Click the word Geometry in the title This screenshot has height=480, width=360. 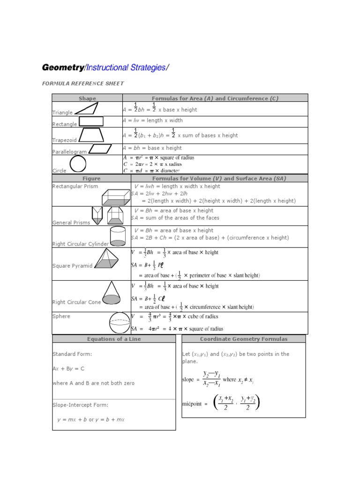(x=62, y=67)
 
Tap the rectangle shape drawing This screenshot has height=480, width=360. (x=91, y=121)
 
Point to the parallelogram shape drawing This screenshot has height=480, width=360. (x=100, y=149)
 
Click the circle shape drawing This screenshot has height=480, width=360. (x=78, y=165)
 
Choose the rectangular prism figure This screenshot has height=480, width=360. (x=116, y=197)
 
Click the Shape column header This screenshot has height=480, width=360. (x=87, y=98)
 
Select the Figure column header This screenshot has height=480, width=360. (x=91, y=179)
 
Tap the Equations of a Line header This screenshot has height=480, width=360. (x=114, y=339)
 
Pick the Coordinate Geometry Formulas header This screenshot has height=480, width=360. (x=244, y=339)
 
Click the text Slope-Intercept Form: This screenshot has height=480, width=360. (x=80, y=405)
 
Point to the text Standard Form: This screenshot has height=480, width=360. (x=72, y=354)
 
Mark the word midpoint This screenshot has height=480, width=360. (x=193, y=403)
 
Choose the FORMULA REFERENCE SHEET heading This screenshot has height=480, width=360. (x=83, y=83)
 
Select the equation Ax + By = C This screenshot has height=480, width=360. (x=68, y=368)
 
